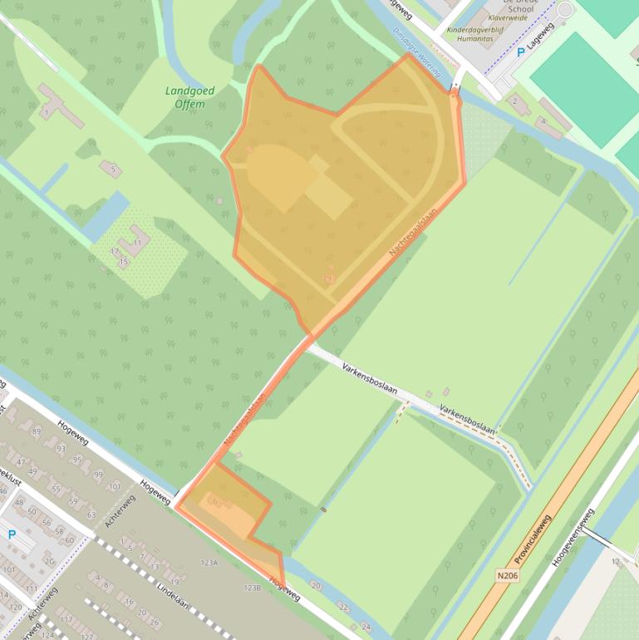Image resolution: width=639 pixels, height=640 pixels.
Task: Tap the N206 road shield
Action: click(x=507, y=574)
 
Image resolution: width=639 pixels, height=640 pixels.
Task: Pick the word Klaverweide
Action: click(x=509, y=17)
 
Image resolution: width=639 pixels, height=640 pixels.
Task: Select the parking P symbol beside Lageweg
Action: click(x=521, y=52)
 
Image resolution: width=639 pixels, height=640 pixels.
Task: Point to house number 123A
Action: click(x=209, y=563)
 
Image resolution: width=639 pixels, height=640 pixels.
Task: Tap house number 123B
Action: click(x=252, y=588)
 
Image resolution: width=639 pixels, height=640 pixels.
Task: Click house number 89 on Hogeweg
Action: click(x=36, y=431)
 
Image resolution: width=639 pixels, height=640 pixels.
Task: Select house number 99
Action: click(x=99, y=475)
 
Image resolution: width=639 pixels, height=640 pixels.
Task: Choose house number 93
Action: click(x=61, y=448)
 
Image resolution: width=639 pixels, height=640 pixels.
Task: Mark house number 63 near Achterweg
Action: click(x=91, y=515)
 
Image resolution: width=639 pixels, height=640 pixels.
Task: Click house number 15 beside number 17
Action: click(x=124, y=262)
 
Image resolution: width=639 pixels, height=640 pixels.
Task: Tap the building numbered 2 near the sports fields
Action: click(x=514, y=101)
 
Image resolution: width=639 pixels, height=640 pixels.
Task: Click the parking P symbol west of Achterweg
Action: click(x=12, y=534)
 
